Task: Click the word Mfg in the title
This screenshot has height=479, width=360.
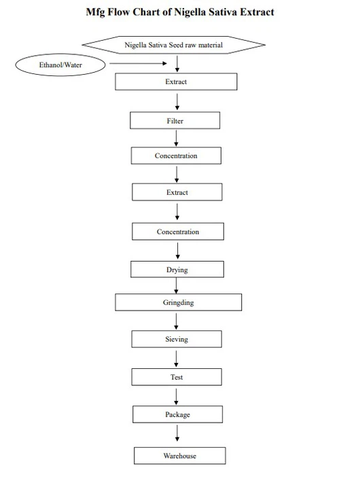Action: [x=96, y=12]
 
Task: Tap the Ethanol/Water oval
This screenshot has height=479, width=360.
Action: [x=60, y=65]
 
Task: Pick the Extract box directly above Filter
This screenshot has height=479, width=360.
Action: [x=176, y=82]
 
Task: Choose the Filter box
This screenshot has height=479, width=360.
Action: [x=175, y=121]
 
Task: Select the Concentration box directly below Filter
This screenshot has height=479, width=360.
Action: [x=176, y=156]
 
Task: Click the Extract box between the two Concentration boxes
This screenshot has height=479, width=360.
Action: [x=177, y=192]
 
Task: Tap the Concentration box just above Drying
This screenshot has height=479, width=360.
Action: [x=178, y=232]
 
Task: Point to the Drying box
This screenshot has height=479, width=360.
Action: [x=177, y=270]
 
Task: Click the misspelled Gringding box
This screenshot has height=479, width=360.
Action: [x=179, y=302]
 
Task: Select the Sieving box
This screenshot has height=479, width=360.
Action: [x=177, y=339]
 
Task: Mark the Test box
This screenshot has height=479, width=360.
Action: [x=177, y=377]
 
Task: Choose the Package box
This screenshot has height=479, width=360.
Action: [x=177, y=414]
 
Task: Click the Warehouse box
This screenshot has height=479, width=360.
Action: [x=179, y=455]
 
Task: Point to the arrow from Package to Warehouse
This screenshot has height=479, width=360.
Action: [x=178, y=432]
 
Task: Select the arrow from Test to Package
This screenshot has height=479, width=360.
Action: [x=177, y=395]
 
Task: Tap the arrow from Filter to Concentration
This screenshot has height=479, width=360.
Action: [x=176, y=138]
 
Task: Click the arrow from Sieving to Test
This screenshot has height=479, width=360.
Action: [x=177, y=357]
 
